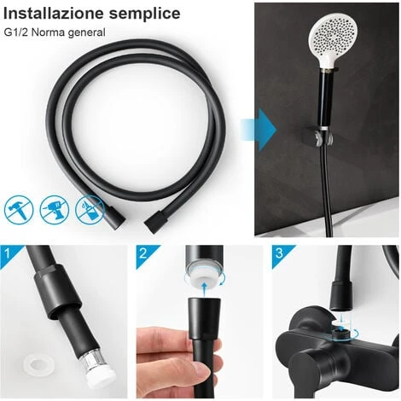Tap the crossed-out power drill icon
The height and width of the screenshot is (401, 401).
55,208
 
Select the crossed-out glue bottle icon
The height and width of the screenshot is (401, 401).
90,208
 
